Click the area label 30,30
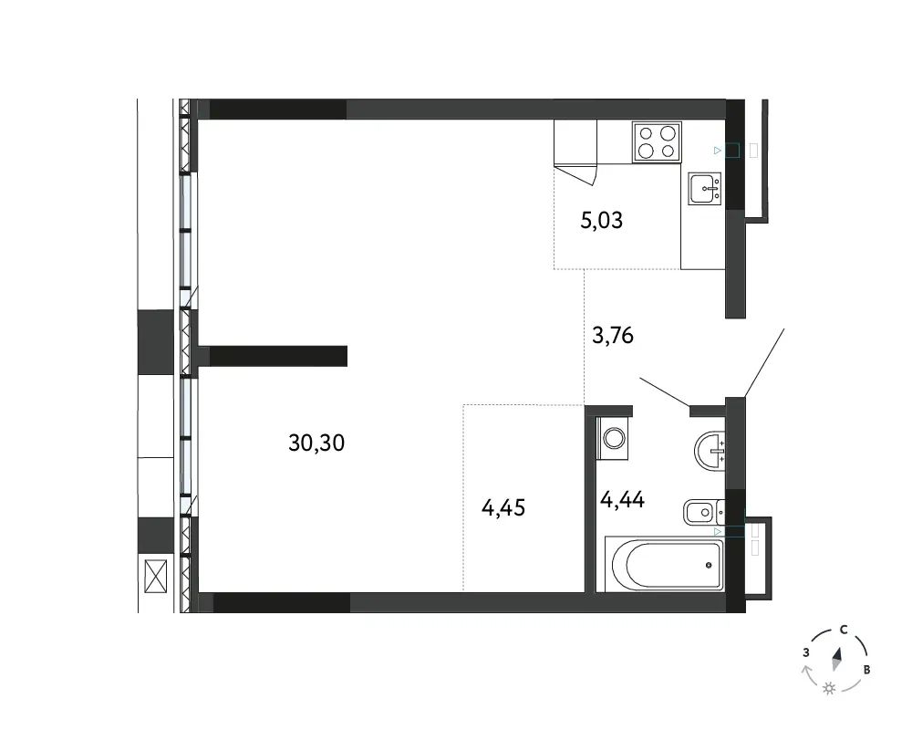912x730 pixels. point(316,443)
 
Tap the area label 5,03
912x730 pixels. point(601,220)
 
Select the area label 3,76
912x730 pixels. point(613,335)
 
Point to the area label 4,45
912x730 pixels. point(503,507)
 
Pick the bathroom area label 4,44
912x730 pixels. point(622,499)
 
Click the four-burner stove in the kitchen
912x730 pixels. point(657,142)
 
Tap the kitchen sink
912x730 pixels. point(705,188)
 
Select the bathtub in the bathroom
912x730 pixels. point(664,564)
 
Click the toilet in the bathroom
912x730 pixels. point(704,512)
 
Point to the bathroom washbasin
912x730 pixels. point(710,451)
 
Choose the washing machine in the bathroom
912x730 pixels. point(614,438)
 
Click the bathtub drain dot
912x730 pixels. point(709,565)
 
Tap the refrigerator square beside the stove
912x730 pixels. point(575,142)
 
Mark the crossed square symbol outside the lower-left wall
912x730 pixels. point(155,577)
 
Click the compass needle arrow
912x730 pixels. point(837,660)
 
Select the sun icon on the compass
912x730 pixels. point(829,689)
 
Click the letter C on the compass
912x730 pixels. point(844,630)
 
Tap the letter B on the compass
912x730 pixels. point(866,670)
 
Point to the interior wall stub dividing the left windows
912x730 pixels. point(278,356)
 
